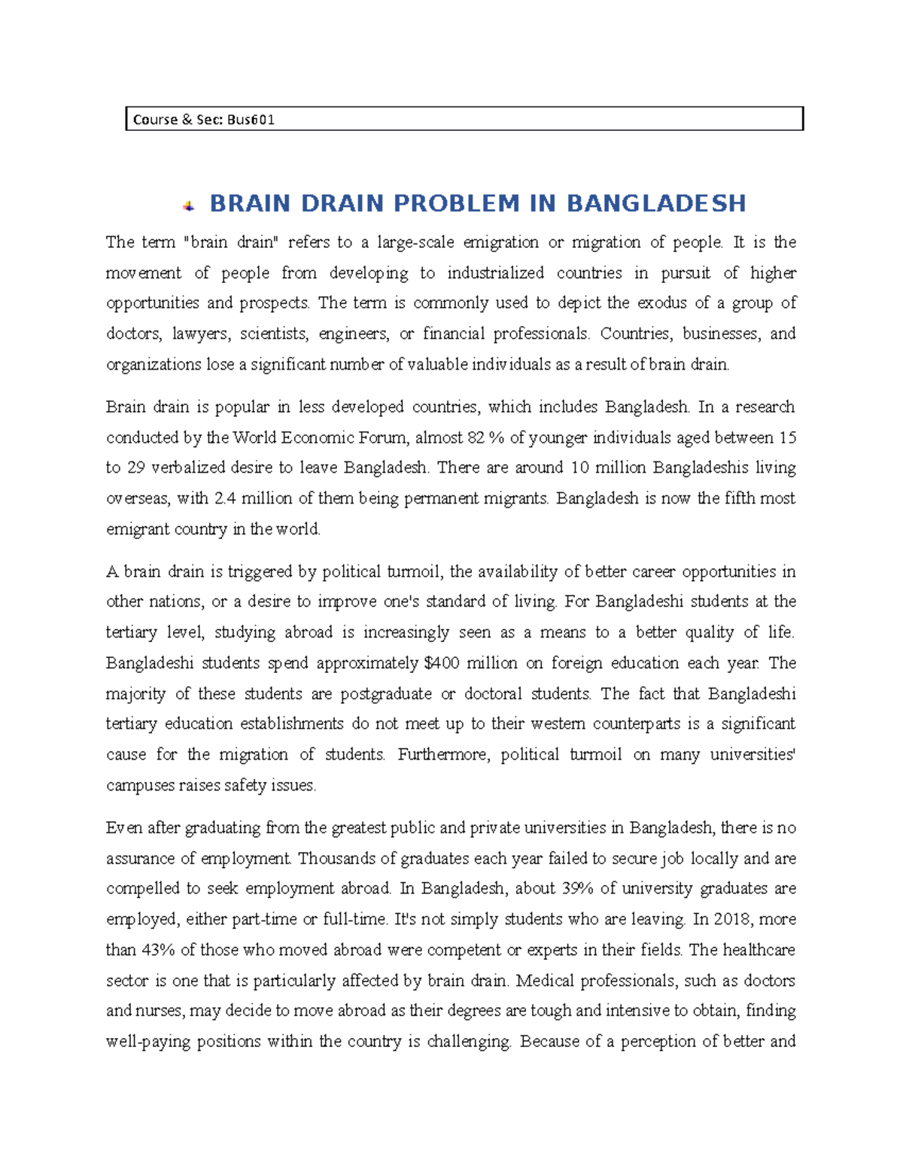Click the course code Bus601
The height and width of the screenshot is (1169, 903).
(250, 120)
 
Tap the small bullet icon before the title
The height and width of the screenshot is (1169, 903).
(188, 205)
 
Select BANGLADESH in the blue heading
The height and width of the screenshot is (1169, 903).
(655, 203)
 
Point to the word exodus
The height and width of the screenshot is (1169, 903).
(662, 303)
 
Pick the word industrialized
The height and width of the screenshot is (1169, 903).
(495, 273)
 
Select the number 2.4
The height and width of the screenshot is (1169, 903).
(225, 498)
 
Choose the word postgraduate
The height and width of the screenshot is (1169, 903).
(386, 694)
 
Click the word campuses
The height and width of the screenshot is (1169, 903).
(139, 786)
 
